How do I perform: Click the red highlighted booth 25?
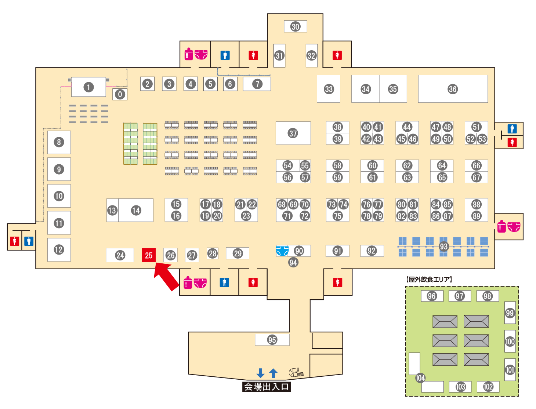[149, 255]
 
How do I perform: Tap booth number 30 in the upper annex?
[296, 26]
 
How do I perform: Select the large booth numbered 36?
[453, 89]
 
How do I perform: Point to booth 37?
[293, 133]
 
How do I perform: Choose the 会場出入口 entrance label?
[267, 387]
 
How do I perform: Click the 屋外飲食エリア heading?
[429, 280]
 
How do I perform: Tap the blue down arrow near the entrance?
[260, 373]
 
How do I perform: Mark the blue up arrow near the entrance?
[273, 373]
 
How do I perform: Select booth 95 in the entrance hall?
[272, 340]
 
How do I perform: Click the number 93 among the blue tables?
[443, 247]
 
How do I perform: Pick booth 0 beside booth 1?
[120, 94]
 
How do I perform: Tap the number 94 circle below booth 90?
[293, 262]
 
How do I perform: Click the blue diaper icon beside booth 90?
[282, 251]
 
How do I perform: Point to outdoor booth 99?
[510, 313]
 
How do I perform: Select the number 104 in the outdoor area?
[420, 378]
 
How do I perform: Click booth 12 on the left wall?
[59, 249]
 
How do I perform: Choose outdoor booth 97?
[460, 296]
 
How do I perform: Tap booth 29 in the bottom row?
[238, 253]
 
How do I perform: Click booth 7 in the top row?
[257, 84]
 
